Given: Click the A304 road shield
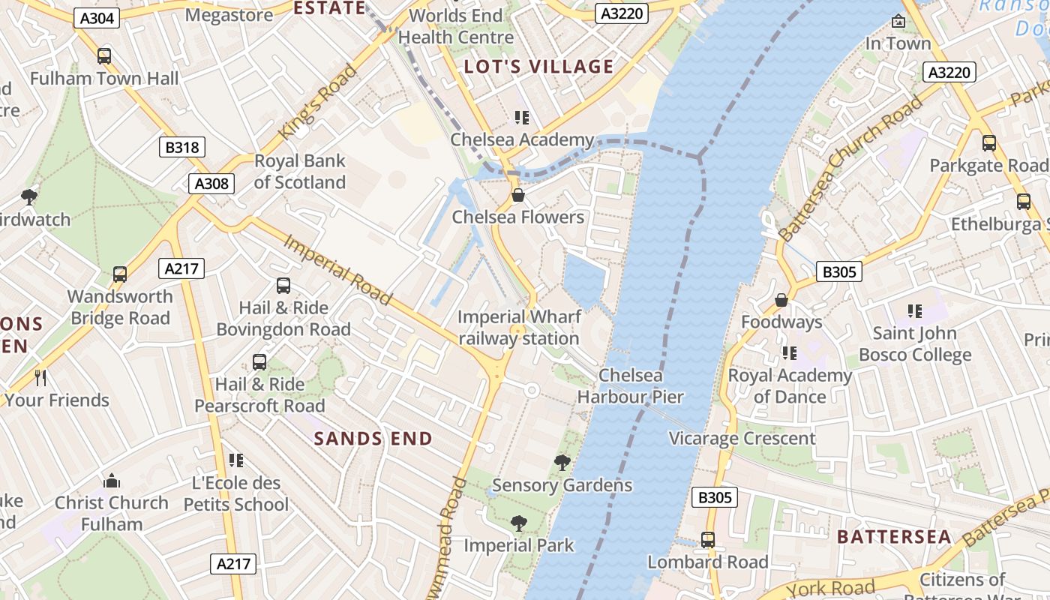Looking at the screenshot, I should tap(97, 18).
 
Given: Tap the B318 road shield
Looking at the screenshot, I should tap(182, 147).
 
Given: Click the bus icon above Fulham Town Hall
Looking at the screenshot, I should tap(104, 56).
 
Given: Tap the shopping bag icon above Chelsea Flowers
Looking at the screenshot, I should tap(517, 196).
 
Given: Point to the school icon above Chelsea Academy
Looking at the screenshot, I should tap(521, 118).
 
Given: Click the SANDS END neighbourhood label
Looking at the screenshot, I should tap(373, 439).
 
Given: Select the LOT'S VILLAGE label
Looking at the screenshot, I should tap(538, 67).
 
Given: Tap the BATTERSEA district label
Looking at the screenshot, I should tap(894, 537).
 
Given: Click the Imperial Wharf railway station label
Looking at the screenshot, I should tap(518, 328).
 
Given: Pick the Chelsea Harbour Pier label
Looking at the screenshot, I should tap(630, 386).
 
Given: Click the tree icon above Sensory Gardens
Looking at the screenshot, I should tap(562, 463).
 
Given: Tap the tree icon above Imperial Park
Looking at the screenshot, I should tap(518, 523).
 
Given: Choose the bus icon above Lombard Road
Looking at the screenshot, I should tap(707, 540).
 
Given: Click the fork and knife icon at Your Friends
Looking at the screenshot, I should tap(41, 378).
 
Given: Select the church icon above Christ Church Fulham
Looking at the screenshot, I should tap(112, 481).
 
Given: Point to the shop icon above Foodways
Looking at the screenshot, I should tap(781, 300).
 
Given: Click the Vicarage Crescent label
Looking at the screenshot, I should tap(742, 439).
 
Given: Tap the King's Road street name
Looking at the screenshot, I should tap(317, 103).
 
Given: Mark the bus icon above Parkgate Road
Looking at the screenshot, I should tap(988, 143).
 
